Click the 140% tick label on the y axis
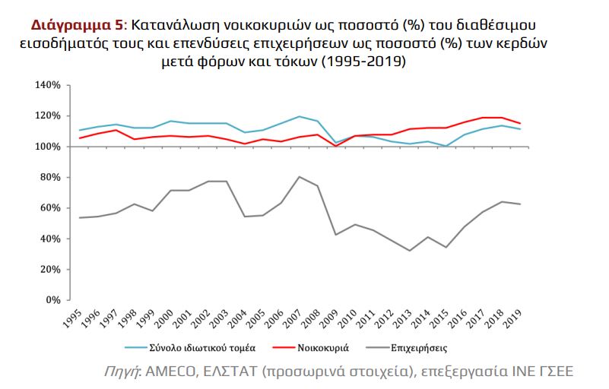(47, 85)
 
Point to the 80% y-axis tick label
(50, 177)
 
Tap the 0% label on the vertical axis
(53, 299)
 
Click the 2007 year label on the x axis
(292, 318)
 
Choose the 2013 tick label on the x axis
(401, 318)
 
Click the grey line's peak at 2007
(299, 177)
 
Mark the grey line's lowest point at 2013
(409, 251)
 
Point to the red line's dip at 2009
(335, 146)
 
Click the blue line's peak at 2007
(299, 116)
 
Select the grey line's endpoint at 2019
(519, 204)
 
